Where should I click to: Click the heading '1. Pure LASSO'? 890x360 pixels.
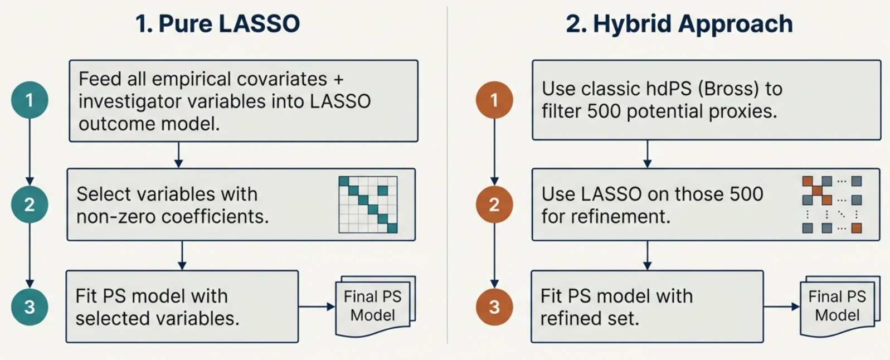(217, 24)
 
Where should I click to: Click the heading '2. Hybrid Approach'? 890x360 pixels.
(679, 24)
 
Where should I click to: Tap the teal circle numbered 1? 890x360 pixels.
(30, 100)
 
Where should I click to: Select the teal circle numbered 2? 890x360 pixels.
(30, 205)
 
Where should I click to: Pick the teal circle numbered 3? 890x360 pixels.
(30, 307)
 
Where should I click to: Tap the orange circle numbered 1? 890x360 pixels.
(494, 100)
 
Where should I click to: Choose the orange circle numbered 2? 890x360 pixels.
(494, 205)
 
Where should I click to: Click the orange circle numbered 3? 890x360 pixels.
(494, 307)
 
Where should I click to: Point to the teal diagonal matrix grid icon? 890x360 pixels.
(368, 205)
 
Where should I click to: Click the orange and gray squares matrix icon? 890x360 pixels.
(831, 205)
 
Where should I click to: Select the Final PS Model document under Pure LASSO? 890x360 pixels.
(373, 307)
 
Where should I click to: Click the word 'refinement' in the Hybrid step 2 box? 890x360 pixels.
(620, 216)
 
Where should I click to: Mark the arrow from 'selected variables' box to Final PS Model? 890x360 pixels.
(317, 307)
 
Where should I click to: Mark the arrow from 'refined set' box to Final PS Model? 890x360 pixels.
(781, 307)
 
